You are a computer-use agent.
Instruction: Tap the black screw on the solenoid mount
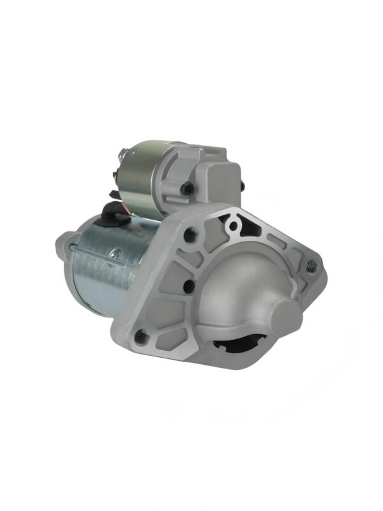point(186,188)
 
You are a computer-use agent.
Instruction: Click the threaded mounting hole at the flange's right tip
point(311,266)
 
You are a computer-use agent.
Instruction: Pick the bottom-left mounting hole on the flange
point(142,333)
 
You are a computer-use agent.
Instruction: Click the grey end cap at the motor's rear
point(61,246)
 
